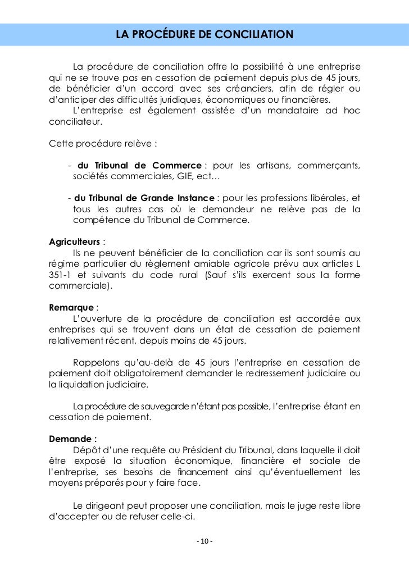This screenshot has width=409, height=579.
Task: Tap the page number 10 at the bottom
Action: click(x=204, y=541)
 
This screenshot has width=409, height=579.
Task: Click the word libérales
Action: click(x=325, y=198)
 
